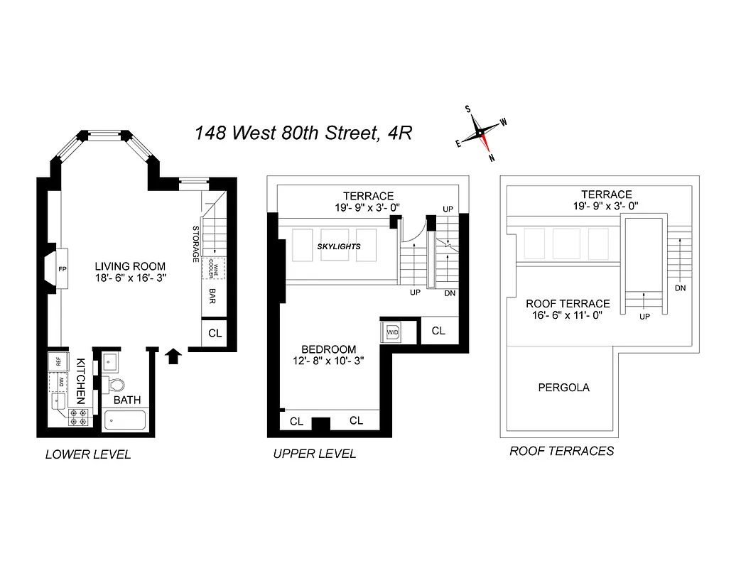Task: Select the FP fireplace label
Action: (61, 269)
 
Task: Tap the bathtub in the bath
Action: (126, 420)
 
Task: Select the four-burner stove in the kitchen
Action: (78, 417)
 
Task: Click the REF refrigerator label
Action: (58, 361)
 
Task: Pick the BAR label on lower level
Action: (212, 295)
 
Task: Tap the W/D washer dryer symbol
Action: (391, 332)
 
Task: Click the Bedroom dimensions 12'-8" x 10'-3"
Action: (328, 361)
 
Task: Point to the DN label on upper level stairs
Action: (449, 293)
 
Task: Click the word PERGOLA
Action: (563, 388)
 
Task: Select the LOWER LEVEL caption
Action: (88, 454)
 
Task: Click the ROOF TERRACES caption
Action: (561, 451)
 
